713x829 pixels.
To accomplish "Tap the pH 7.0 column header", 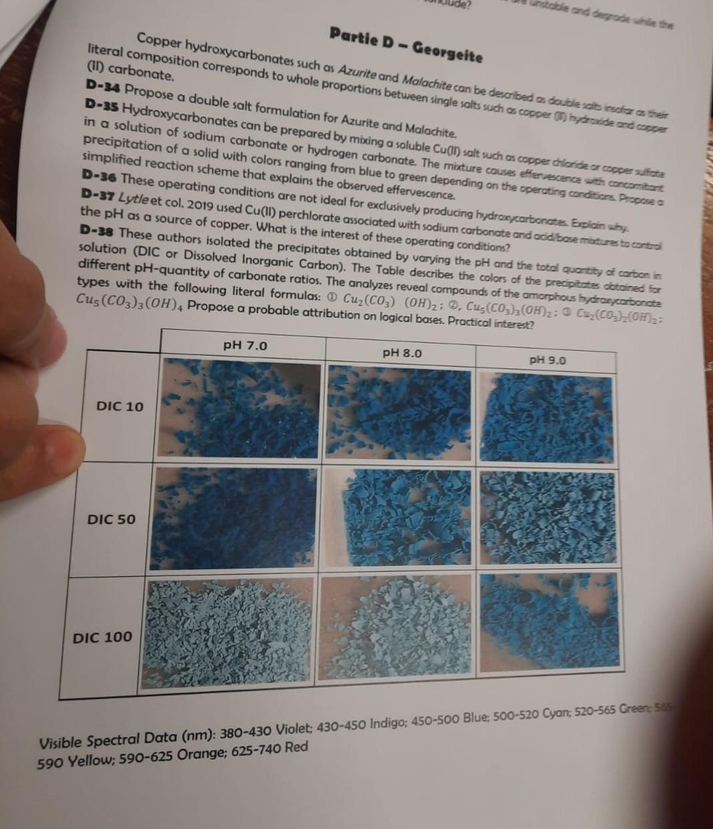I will (245, 345).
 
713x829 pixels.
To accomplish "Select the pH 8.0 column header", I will (402, 352).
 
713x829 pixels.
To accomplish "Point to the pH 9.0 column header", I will (547, 360).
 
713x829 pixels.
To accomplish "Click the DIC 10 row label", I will (120, 406).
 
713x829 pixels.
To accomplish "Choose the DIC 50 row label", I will (111, 519).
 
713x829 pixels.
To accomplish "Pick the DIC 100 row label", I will (102, 637).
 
